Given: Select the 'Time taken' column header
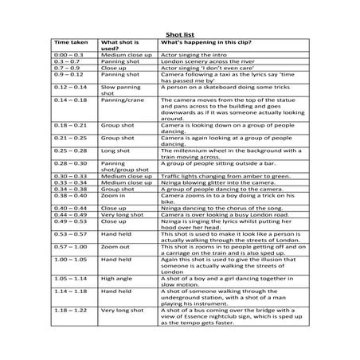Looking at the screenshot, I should click(69, 42).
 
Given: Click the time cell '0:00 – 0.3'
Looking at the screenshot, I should click(69, 55).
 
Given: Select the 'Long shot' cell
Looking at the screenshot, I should click(112, 149).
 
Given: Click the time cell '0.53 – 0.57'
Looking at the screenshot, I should click(68, 234).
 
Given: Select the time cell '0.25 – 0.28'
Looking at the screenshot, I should click(68, 149).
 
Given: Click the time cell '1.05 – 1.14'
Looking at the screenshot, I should click(68, 279).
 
